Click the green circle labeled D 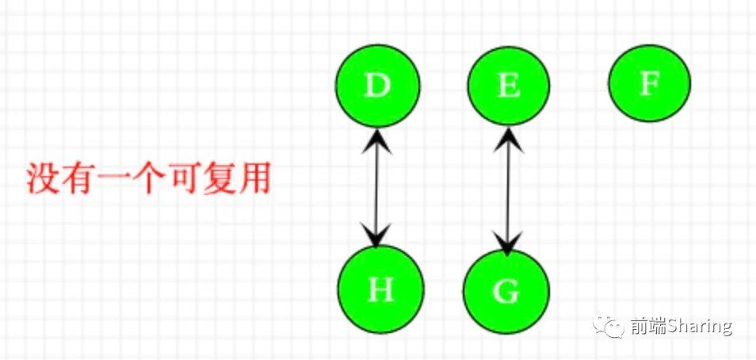tap(378, 86)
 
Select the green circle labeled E tap(508, 86)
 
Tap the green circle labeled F tap(650, 82)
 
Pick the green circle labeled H tap(380, 290)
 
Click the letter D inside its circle tap(378, 86)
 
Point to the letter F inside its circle tap(650, 82)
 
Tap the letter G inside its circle tap(506, 292)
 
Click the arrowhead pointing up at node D tap(377, 140)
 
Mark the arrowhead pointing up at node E tap(508, 140)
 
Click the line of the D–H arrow tap(378, 189)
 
